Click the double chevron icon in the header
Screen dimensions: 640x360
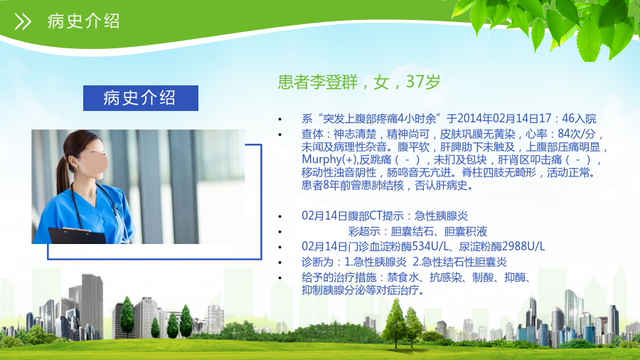pos(23,21)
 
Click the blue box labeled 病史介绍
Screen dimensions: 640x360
pos(141,98)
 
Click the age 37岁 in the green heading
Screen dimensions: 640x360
pos(423,82)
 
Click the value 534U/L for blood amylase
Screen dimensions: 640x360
pos(431,247)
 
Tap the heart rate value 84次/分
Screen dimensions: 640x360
pos(577,134)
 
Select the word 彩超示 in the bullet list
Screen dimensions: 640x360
pos(365,231)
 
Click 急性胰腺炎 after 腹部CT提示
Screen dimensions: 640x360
pos(441,216)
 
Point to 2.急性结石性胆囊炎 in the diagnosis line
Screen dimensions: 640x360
pos(459,262)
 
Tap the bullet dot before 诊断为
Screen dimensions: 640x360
pos(280,263)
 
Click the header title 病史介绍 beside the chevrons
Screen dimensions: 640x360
pos(84,21)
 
